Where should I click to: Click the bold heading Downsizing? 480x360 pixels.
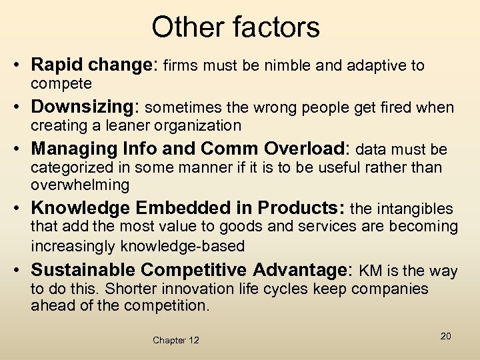pyautogui.click(x=83, y=107)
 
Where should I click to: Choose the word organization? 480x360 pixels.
pyautogui.click(x=199, y=125)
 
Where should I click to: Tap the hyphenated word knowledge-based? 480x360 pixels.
pyautogui.click(x=183, y=245)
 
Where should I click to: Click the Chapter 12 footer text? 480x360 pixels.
pyautogui.click(x=175, y=340)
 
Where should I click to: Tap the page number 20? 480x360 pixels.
pyautogui.click(x=445, y=336)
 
